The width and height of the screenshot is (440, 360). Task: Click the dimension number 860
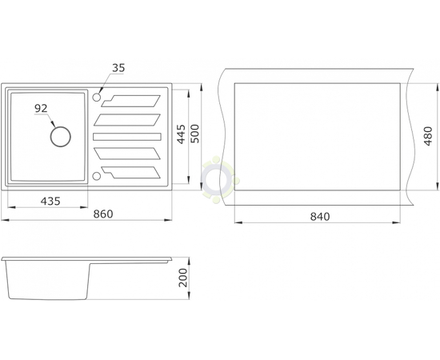103,214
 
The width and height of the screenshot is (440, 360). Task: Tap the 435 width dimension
50,201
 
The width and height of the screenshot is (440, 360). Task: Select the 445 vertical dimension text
182,134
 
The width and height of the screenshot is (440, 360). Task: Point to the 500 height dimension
194,134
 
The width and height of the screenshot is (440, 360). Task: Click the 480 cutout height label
428,136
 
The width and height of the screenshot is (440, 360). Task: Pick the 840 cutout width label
320,217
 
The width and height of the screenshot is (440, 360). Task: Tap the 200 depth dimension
183,278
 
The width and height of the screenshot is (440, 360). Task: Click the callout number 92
41,108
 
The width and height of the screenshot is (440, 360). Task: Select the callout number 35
118,68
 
